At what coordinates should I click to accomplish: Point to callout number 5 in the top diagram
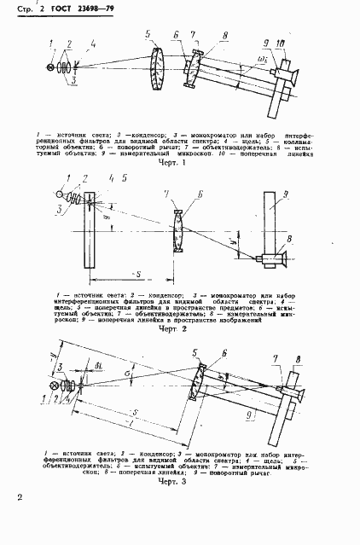[148, 35]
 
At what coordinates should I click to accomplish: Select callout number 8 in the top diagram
[224, 36]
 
